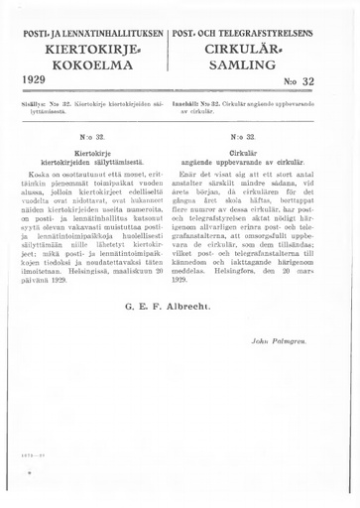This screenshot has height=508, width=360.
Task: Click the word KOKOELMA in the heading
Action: [86, 65]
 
